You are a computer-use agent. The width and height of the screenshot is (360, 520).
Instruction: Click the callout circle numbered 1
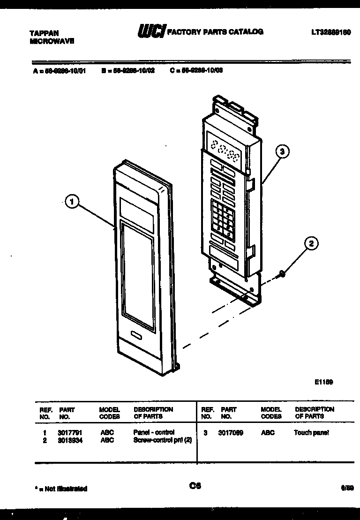(72, 203)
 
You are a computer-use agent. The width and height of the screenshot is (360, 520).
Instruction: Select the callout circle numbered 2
(311, 243)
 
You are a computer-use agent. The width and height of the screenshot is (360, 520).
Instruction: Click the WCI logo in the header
(151, 31)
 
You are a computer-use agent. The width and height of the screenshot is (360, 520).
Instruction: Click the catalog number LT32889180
(331, 33)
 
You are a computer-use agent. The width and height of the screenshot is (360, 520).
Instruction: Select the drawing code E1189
(323, 382)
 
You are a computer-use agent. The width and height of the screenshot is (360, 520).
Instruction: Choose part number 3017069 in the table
(230, 433)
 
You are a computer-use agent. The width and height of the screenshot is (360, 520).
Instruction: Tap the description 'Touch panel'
(311, 433)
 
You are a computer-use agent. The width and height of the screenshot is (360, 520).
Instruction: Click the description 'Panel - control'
(154, 432)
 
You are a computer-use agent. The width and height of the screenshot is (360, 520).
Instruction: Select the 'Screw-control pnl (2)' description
(162, 440)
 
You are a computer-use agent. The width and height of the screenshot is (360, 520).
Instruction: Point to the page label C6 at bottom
(195, 486)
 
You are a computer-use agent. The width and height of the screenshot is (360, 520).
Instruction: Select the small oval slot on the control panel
(136, 336)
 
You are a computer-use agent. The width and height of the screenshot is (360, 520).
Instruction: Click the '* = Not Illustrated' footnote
(61, 489)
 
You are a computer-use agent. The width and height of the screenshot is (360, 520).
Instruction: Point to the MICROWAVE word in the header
(52, 41)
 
